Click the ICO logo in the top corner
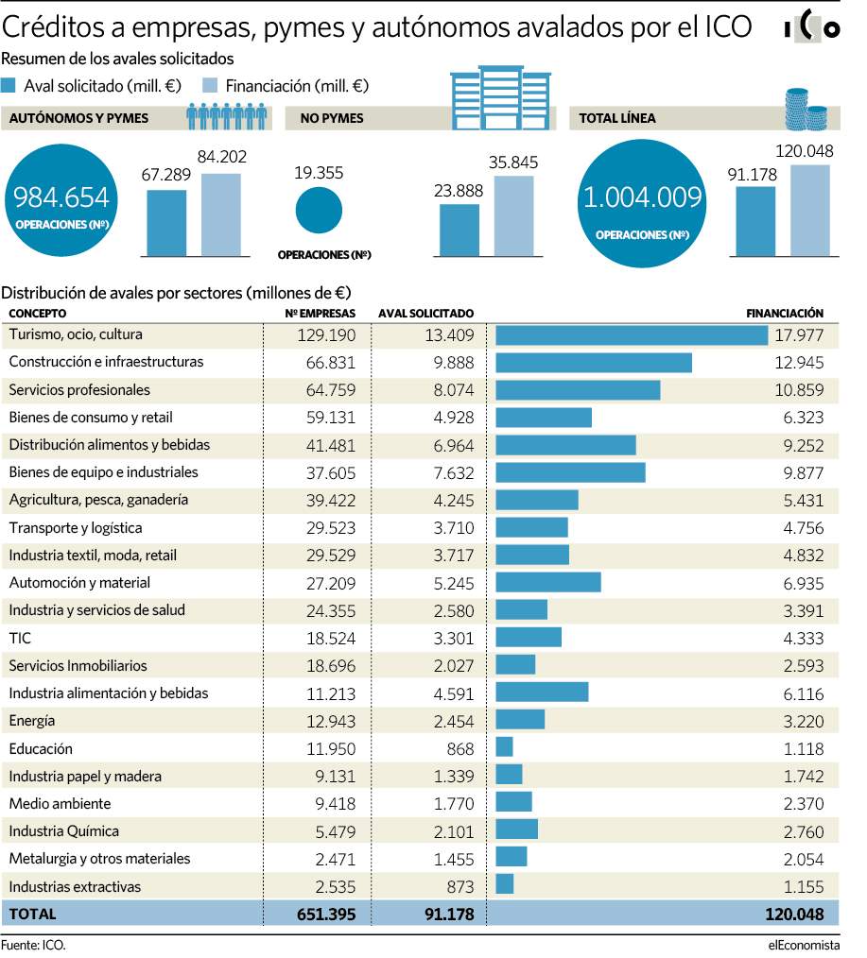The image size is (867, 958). coord(812,26)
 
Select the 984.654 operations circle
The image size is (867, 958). coord(61,200)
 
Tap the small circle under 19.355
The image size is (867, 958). coord(319,210)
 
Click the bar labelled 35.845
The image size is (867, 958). coord(513,215)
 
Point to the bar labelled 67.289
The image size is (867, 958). coord(167,223)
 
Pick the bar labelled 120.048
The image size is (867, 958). coord(810,210)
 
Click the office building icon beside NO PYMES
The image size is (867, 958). coord(501,97)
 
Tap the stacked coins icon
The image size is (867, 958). coord(806,110)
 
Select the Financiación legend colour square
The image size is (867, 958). coord(210,86)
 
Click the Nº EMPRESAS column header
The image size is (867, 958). coord(320,314)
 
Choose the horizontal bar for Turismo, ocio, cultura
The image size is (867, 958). coord(632,335)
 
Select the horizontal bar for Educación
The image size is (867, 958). coord(505,747)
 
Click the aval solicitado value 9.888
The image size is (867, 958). coord(454,363)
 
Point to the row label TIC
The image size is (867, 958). coord(20,639)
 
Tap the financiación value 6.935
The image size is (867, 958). coord(804,584)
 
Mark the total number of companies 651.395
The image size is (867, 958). coord(326,914)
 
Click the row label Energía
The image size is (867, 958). coord(32,721)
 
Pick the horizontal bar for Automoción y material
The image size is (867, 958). coord(548,582)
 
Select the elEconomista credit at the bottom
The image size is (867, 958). coord(804,945)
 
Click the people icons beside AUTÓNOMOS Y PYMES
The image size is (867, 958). coord(227,116)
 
